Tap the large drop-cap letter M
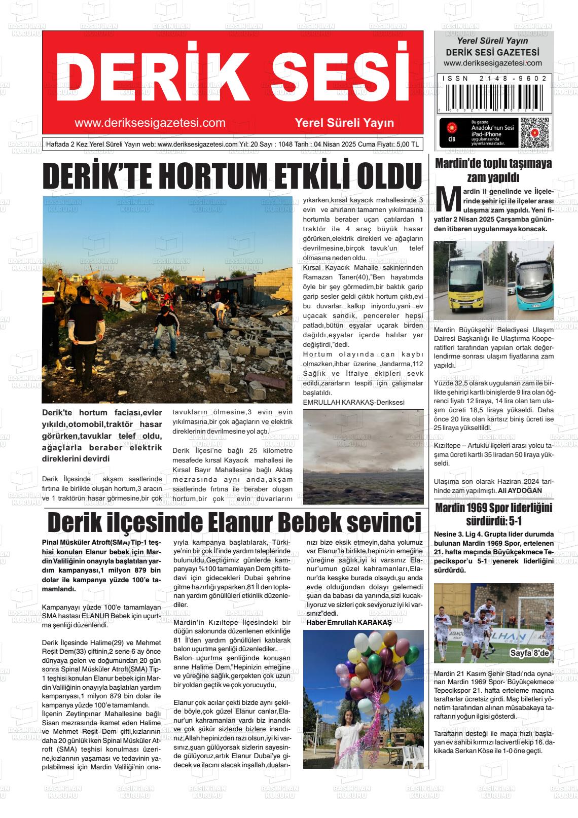pyautogui.click(x=449, y=201)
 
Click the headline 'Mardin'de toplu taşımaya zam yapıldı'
pyautogui.click(x=493, y=170)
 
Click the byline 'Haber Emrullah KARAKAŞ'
pyautogui.click(x=349, y=622)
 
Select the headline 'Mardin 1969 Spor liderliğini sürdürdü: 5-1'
pyautogui.click(x=493, y=514)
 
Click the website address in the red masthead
pyautogui.click(x=150, y=123)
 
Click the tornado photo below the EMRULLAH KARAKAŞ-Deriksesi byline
pyautogui.click(x=363, y=456)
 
